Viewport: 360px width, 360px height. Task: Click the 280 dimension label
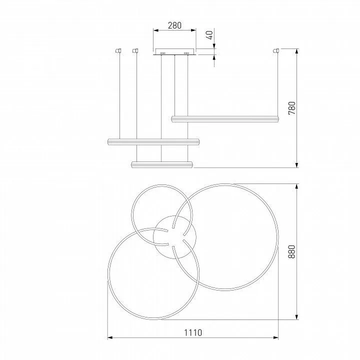[x=174, y=25]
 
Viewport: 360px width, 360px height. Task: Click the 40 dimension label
[x=210, y=35]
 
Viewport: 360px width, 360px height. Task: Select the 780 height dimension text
[x=292, y=108]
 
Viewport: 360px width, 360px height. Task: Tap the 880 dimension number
[x=291, y=251]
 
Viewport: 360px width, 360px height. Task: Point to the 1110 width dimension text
[x=193, y=332]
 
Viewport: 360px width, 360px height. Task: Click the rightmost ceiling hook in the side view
[x=275, y=50]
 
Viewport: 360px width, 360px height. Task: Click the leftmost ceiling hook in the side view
[x=118, y=50]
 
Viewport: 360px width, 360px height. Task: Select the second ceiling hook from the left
[x=135, y=50]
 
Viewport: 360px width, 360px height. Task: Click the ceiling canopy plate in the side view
[x=174, y=52]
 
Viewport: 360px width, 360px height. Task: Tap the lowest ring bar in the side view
[x=161, y=164]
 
